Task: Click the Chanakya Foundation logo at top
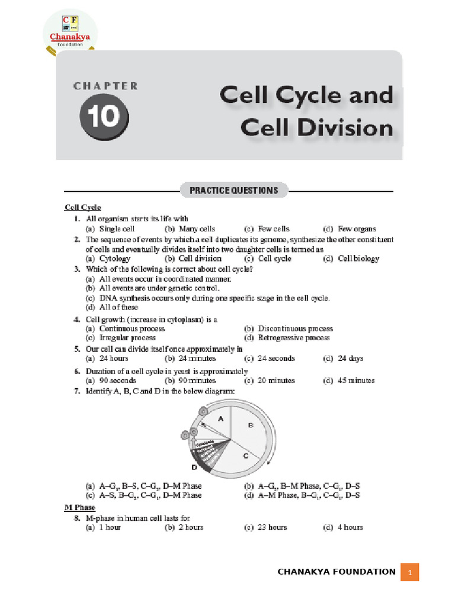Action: [x=70, y=32]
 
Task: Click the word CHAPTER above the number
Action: [x=105, y=86]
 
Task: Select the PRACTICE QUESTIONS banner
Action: [x=233, y=191]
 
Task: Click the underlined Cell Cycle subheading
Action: [x=83, y=207]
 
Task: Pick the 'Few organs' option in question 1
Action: [x=357, y=228]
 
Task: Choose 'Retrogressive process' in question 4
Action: [x=294, y=337]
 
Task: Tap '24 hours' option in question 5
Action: [x=114, y=358]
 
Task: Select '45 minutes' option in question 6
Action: [x=357, y=381]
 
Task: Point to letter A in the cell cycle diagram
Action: [x=220, y=418]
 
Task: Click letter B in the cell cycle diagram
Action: [x=251, y=425]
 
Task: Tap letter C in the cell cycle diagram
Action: [x=245, y=456]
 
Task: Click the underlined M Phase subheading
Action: [x=79, y=508]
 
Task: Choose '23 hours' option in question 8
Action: [x=273, y=527]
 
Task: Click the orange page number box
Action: [x=409, y=572]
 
